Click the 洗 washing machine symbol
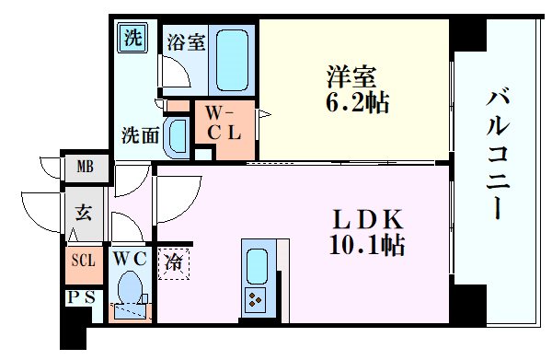[134, 39]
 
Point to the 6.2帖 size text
[353, 101]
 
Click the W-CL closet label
[223, 122]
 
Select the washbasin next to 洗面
[178, 134]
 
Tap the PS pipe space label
[79, 296]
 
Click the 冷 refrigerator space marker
[173, 263]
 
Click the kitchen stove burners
[255, 297]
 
